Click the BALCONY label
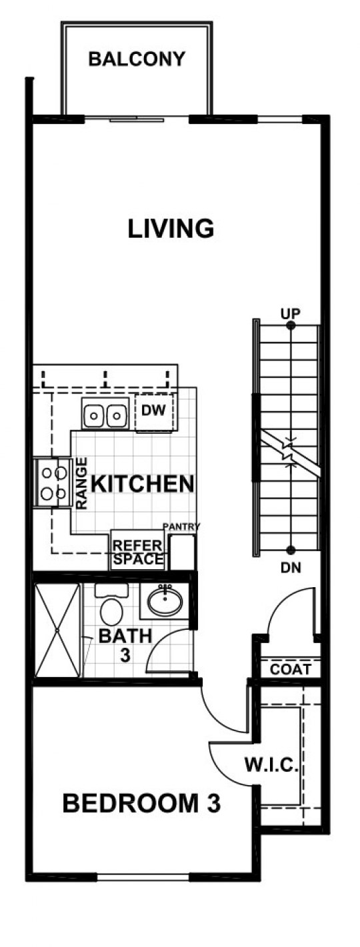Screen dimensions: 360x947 click(137, 59)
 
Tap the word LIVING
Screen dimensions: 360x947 click(171, 229)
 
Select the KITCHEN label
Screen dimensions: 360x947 click(143, 484)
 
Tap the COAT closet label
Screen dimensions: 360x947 click(290, 669)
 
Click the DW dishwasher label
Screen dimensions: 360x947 click(154, 410)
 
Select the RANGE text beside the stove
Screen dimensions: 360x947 click(81, 483)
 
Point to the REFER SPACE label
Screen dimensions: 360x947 click(138, 552)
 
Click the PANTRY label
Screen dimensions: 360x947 click(181, 526)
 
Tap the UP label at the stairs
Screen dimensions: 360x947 click(290, 314)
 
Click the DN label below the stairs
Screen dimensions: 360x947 click(291, 568)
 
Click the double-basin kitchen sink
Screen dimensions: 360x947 click(105, 414)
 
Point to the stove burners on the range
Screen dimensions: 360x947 click(53, 482)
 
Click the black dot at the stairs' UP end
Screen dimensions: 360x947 click(291, 325)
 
